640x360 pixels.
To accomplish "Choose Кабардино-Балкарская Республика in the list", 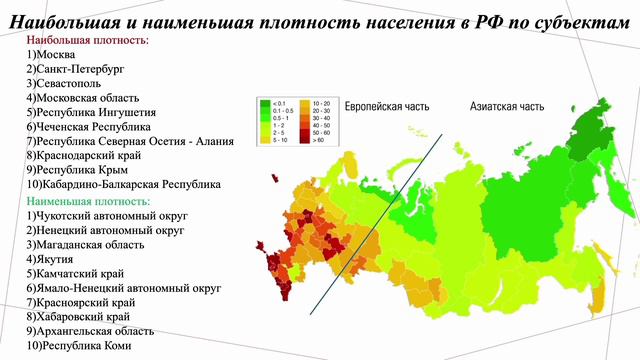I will pyautogui.click(x=124, y=185).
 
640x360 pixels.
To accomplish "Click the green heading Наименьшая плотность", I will pyautogui.click(x=90, y=201).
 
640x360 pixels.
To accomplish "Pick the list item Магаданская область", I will pyautogui.click(x=89, y=244).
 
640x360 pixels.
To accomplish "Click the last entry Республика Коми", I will pyautogui.click(x=84, y=345).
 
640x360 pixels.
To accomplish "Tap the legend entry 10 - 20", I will pyautogui.click(x=322, y=103).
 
